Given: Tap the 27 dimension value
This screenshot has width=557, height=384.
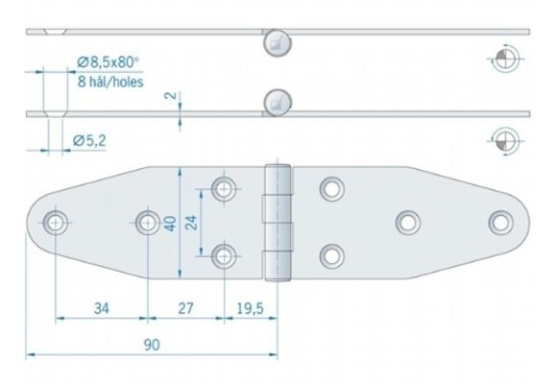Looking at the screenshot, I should (x=185, y=308).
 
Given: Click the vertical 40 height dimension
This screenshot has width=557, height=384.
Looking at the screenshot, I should (x=169, y=223).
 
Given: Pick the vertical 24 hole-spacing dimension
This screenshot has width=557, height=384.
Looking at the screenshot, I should (x=192, y=223).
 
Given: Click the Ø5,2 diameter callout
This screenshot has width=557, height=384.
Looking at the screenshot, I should (x=90, y=142).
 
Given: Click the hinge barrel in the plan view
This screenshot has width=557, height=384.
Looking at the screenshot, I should (x=278, y=223).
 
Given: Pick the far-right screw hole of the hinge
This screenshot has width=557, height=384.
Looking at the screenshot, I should (x=499, y=222).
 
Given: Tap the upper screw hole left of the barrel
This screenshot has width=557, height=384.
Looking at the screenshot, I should (x=225, y=188).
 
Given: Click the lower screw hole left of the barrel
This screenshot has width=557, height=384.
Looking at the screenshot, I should (x=225, y=255).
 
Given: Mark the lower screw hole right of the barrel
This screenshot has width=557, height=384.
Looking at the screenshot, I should (x=331, y=255).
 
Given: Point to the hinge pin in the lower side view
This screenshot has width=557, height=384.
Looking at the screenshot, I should (x=276, y=100).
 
